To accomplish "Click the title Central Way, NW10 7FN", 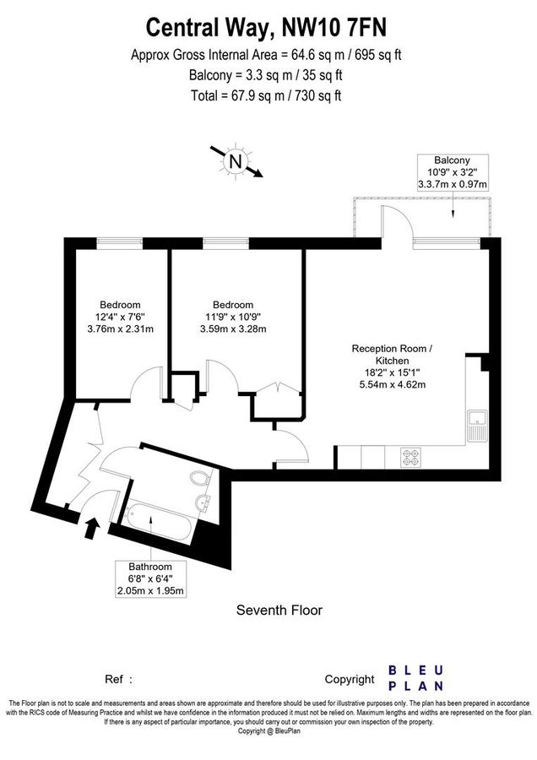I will (x=267, y=28).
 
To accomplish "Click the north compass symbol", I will (x=236, y=160).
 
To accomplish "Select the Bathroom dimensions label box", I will (x=150, y=578).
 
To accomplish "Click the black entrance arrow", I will (x=91, y=529).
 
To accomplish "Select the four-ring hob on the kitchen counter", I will (x=411, y=456).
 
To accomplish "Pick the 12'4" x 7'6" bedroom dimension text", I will (x=120, y=317).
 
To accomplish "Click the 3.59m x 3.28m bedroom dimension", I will (x=232, y=329).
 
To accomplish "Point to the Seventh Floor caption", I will (x=279, y=610).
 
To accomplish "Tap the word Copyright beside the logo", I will (x=350, y=679).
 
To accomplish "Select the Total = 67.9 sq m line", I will (x=267, y=95).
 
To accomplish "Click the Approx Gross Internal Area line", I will (x=267, y=56).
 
